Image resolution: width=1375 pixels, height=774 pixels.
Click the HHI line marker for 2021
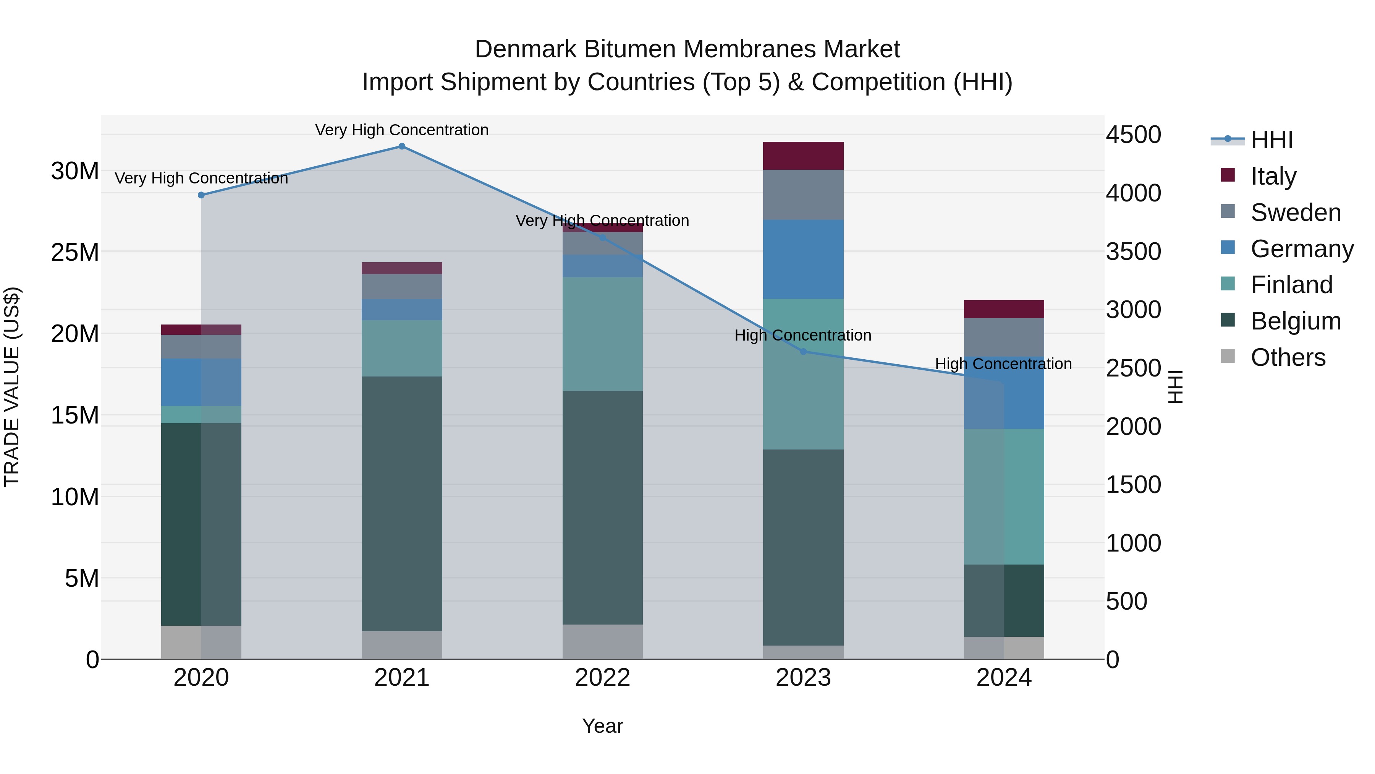click(x=402, y=146)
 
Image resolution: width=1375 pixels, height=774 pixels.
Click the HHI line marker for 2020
click(x=201, y=195)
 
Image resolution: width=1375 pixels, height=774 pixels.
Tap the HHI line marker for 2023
click(x=803, y=352)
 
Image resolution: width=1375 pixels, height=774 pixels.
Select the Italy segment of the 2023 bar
click(x=803, y=156)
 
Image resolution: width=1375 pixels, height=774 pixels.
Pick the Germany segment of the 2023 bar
click(x=803, y=260)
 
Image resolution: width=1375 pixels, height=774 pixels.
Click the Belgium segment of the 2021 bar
click(x=402, y=504)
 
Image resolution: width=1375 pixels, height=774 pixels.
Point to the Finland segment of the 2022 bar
click(x=603, y=334)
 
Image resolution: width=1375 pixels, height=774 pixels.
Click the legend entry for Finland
click(x=1291, y=285)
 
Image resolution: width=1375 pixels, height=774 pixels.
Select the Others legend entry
click(x=1288, y=357)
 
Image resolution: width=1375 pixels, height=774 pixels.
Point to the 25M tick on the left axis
click(x=75, y=252)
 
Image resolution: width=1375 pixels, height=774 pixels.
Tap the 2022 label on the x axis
click(x=603, y=678)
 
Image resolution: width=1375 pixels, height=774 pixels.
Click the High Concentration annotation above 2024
click(x=1003, y=364)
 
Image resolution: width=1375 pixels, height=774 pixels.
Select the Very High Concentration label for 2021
click(x=402, y=130)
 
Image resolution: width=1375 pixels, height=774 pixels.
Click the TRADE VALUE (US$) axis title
click(x=12, y=387)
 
